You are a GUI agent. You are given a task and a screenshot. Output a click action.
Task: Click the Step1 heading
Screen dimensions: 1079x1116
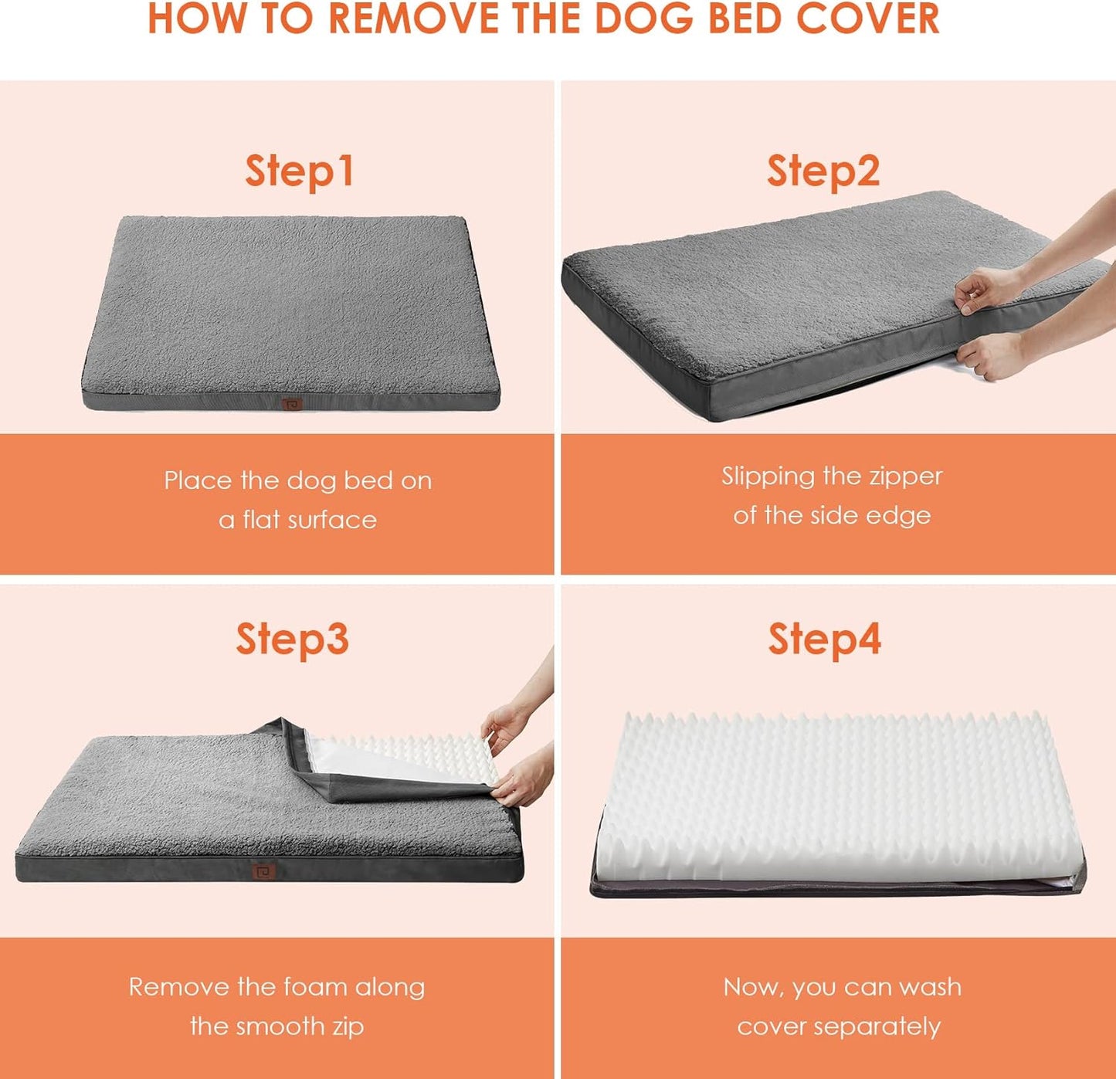[x=300, y=171]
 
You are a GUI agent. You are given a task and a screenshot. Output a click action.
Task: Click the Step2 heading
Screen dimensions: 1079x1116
[x=823, y=171]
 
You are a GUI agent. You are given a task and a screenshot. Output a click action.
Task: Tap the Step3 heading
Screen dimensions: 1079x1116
[x=292, y=640]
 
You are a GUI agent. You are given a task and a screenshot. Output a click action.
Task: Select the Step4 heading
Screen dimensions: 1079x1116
[x=824, y=640]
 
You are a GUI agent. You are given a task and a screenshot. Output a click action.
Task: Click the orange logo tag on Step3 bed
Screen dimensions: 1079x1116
[x=264, y=871]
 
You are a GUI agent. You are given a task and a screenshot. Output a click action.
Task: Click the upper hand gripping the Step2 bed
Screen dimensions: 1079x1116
[x=979, y=290]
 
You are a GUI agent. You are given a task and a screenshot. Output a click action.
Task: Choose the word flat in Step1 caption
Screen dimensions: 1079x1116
[x=261, y=520]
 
